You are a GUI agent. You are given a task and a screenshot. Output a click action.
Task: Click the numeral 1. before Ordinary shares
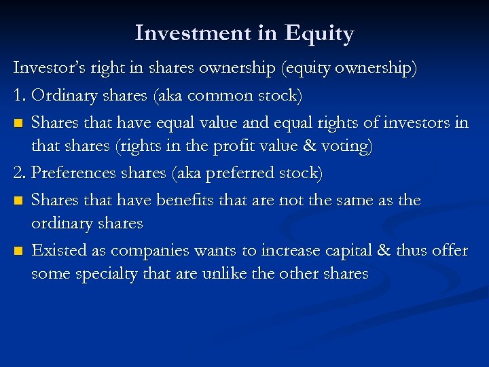tap(20, 95)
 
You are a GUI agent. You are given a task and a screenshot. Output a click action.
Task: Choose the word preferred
tap(243, 173)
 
